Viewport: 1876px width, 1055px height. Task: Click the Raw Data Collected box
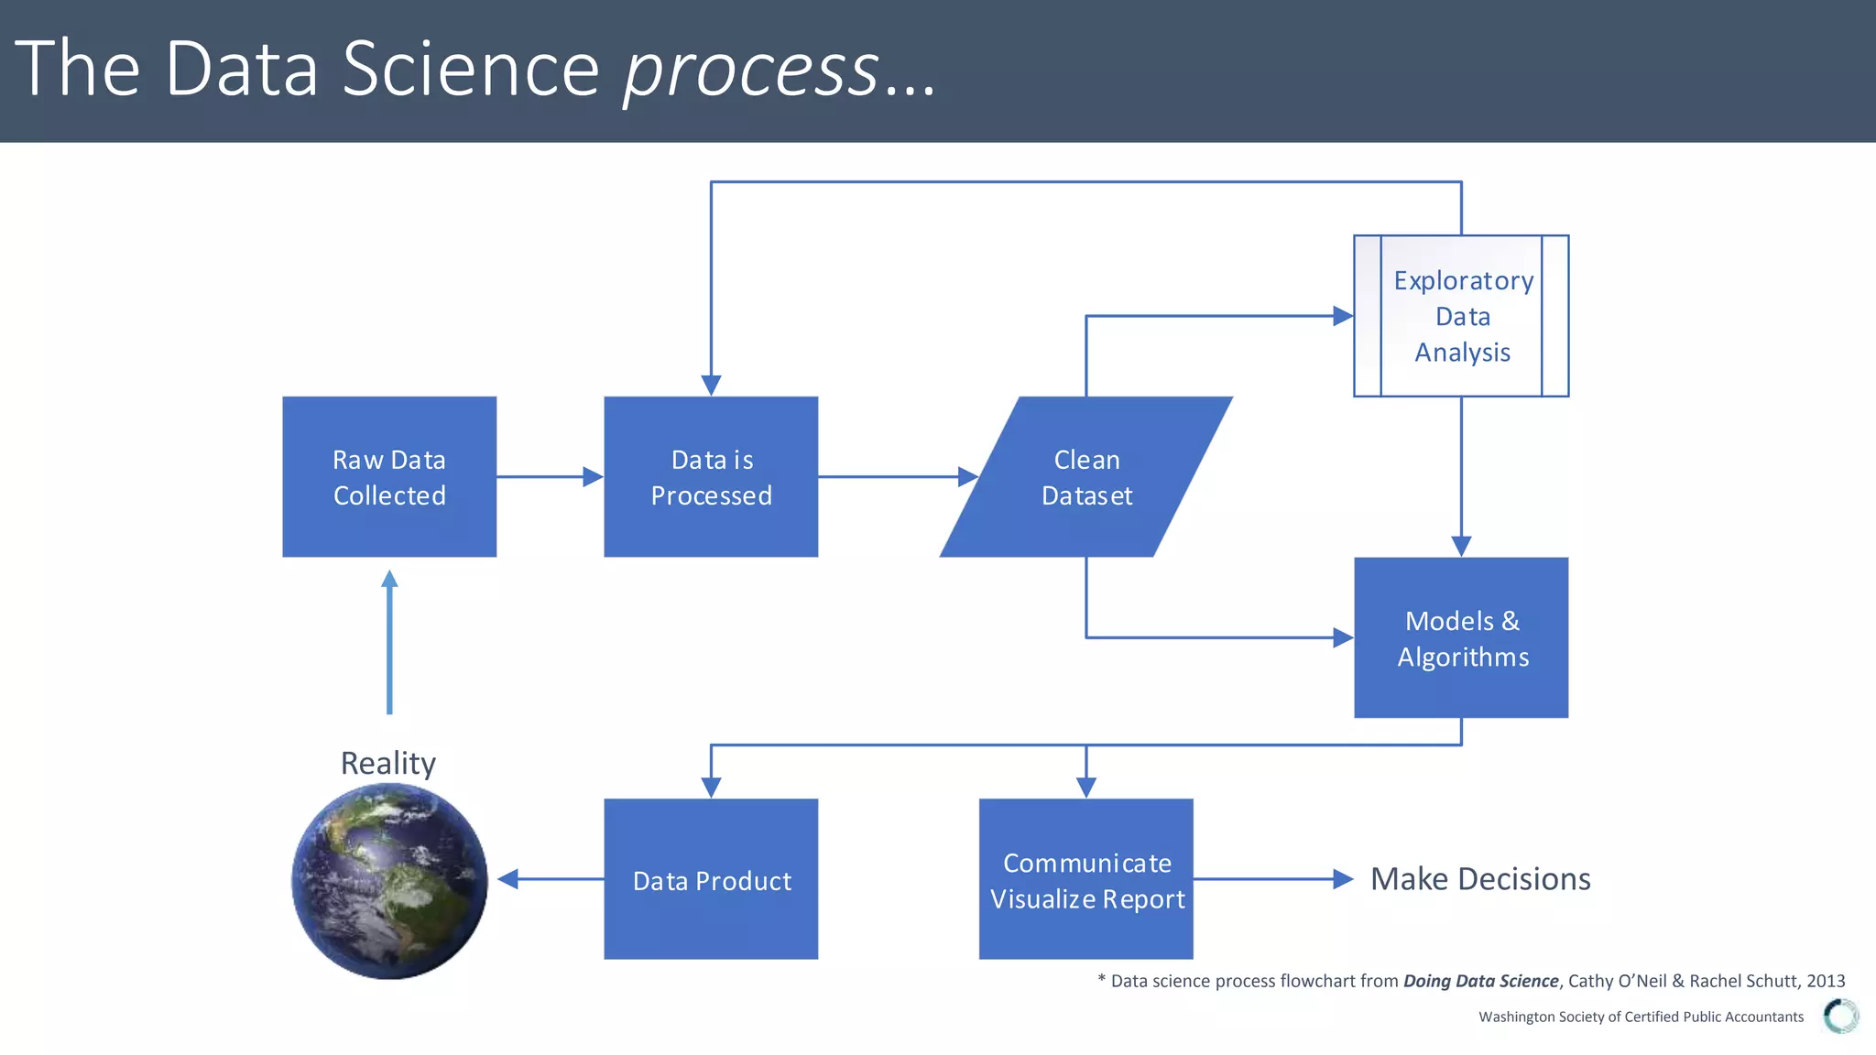[x=389, y=476]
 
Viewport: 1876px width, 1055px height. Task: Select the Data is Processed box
[x=711, y=476]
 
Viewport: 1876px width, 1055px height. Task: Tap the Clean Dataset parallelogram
[x=1086, y=476]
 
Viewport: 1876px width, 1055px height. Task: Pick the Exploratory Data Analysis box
[x=1462, y=316]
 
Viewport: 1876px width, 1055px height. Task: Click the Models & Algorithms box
[x=1462, y=638]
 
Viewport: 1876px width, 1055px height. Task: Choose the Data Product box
[x=711, y=879]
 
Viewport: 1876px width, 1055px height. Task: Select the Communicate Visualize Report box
[x=1086, y=879]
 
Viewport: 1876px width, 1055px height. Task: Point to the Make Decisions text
[x=1480, y=879]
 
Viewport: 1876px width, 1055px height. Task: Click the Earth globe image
[x=389, y=881]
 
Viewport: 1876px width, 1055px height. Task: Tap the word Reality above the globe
[x=388, y=763]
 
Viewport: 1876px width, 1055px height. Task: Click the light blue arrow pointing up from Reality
[x=389, y=641]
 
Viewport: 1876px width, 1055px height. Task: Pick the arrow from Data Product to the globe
[x=550, y=879]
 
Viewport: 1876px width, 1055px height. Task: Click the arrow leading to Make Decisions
[x=1273, y=879]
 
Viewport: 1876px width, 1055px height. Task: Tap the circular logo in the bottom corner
[x=1840, y=1016]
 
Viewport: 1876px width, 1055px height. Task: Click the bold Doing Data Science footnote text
[x=1480, y=981]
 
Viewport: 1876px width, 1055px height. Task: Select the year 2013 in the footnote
[x=1826, y=981]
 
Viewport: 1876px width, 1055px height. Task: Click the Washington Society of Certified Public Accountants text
[x=1641, y=1017]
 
